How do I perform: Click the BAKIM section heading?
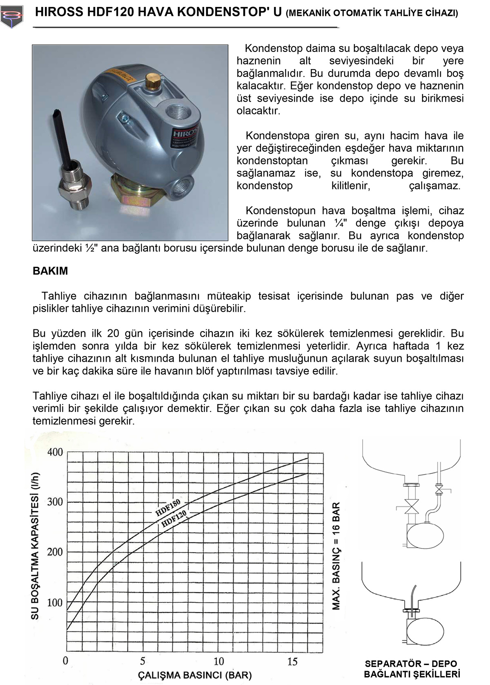coord(50,271)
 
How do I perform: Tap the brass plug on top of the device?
coord(153,81)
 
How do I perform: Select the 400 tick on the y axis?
coord(55,452)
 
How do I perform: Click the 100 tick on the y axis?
coord(55,602)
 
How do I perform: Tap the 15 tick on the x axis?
coord(292,661)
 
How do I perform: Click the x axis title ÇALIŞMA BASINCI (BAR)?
coord(195,675)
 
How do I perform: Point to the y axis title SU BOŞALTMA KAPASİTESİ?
coord(36,546)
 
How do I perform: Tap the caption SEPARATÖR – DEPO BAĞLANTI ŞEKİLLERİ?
coord(411,669)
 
